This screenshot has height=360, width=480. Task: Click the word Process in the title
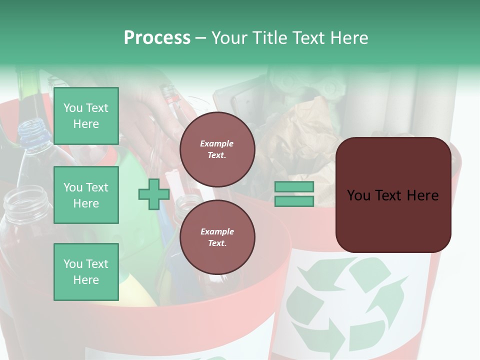(x=157, y=38)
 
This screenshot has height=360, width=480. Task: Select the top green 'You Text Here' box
(x=86, y=116)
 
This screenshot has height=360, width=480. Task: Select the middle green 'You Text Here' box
(x=86, y=195)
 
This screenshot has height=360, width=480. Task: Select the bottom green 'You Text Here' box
(x=86, y=272)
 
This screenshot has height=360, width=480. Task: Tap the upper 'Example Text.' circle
(x=217, y=149)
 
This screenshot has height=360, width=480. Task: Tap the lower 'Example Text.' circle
(x=217, y=237)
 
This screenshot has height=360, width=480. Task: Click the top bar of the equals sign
(x=294, y=187)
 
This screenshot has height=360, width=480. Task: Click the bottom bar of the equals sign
(x=294, y=201)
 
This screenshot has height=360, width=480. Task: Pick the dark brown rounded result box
(x=393, y=195)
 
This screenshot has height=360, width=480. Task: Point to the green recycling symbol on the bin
(x=345, y=305)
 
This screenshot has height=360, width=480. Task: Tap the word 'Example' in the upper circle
(x=217, y=143)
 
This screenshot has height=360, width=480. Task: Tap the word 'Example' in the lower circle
(x=217, y=231)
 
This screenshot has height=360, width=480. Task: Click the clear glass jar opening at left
(x=26, y=200)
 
